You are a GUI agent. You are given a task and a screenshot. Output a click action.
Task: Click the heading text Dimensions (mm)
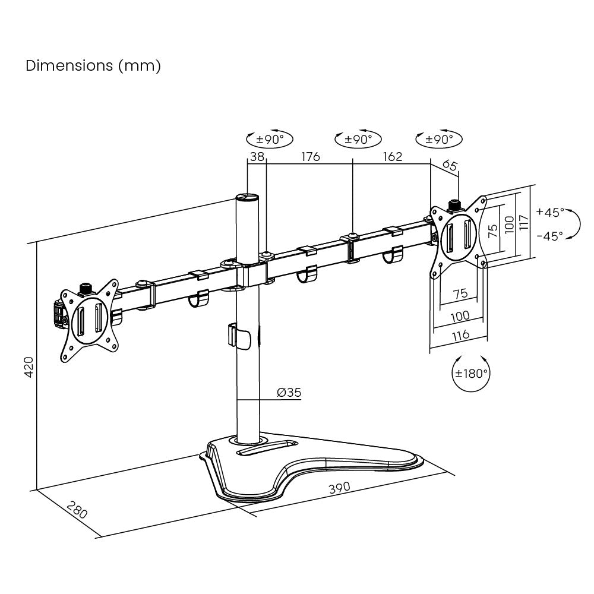tap(93, 65)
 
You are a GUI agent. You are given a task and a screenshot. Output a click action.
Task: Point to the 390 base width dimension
tap(339, 488)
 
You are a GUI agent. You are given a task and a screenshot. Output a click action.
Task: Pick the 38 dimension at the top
tap(257, 157)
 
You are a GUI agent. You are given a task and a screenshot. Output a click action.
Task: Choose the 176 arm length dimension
tap(310, 157)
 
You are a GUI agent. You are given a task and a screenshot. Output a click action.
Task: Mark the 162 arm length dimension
tap(392, 157)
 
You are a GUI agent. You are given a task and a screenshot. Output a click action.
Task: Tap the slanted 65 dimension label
tap(450, 166)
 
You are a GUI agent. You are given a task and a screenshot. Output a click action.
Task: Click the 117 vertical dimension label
tap(523, 223)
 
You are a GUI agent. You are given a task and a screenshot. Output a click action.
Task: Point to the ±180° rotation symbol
tap(471, 374)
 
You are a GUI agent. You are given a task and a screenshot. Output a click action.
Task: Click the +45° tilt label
tap(549, 212)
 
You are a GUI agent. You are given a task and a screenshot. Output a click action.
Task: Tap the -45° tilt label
tap(549, 236)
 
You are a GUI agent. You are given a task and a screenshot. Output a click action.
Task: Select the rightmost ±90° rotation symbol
tap(439, 140)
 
